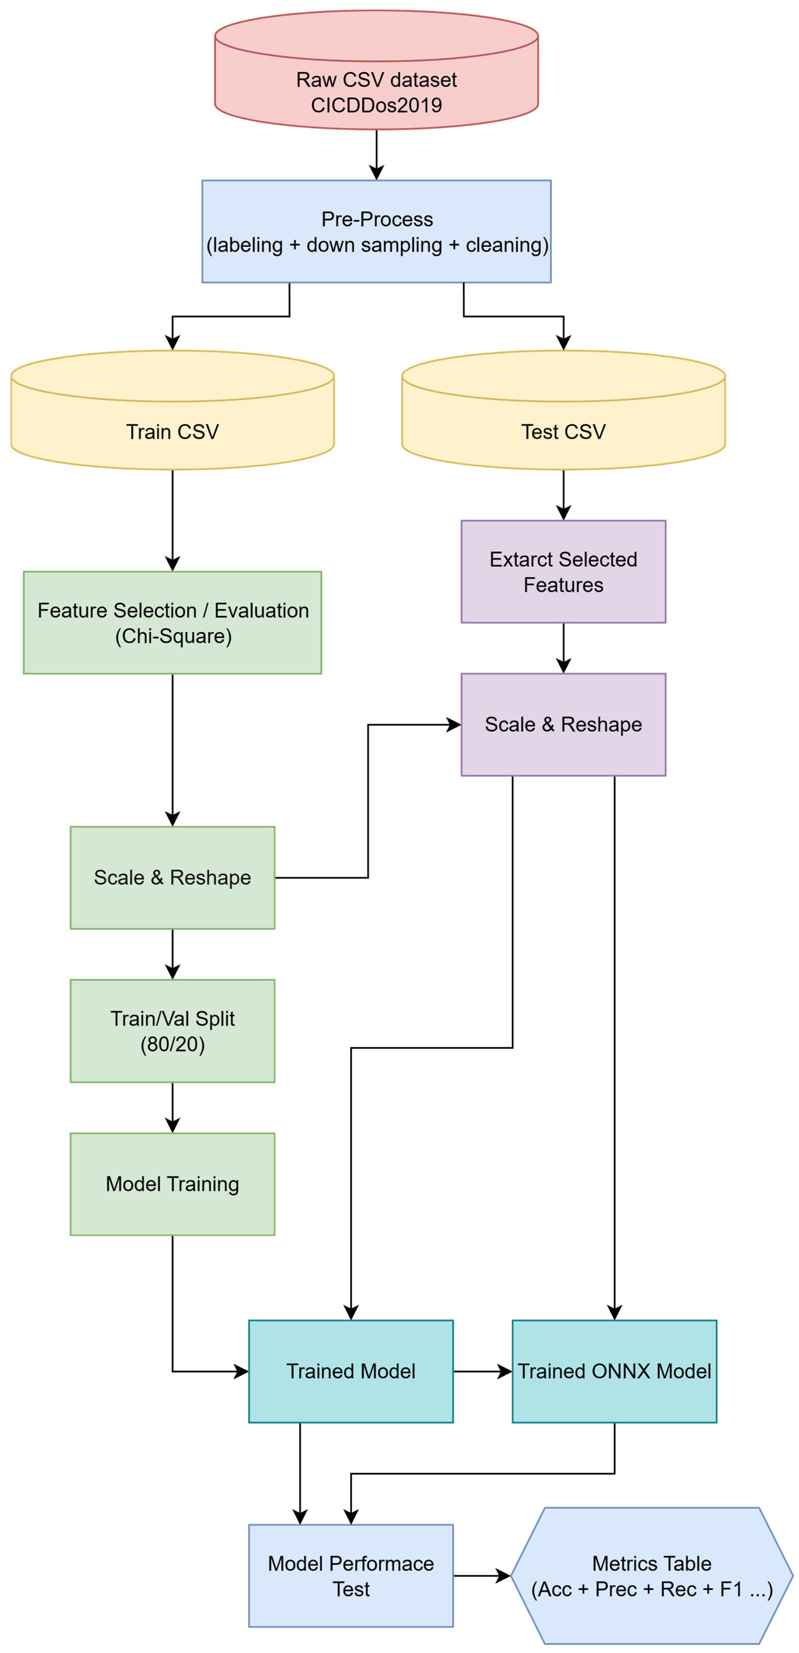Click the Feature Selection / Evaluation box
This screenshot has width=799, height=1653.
(173, 623)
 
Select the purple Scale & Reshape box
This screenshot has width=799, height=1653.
(563, 725)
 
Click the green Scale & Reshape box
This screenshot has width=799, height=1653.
(173, 877)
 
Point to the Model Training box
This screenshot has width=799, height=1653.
(173, 1184)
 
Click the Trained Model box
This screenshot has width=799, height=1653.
(351, 1371)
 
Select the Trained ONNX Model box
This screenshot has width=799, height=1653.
(614, 1371)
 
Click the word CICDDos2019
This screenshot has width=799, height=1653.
(377, 105)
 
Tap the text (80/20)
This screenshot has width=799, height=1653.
(173, 1044)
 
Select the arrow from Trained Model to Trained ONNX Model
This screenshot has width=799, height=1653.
(482, 1371)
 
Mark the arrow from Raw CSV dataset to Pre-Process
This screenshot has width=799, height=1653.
(377, 154)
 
